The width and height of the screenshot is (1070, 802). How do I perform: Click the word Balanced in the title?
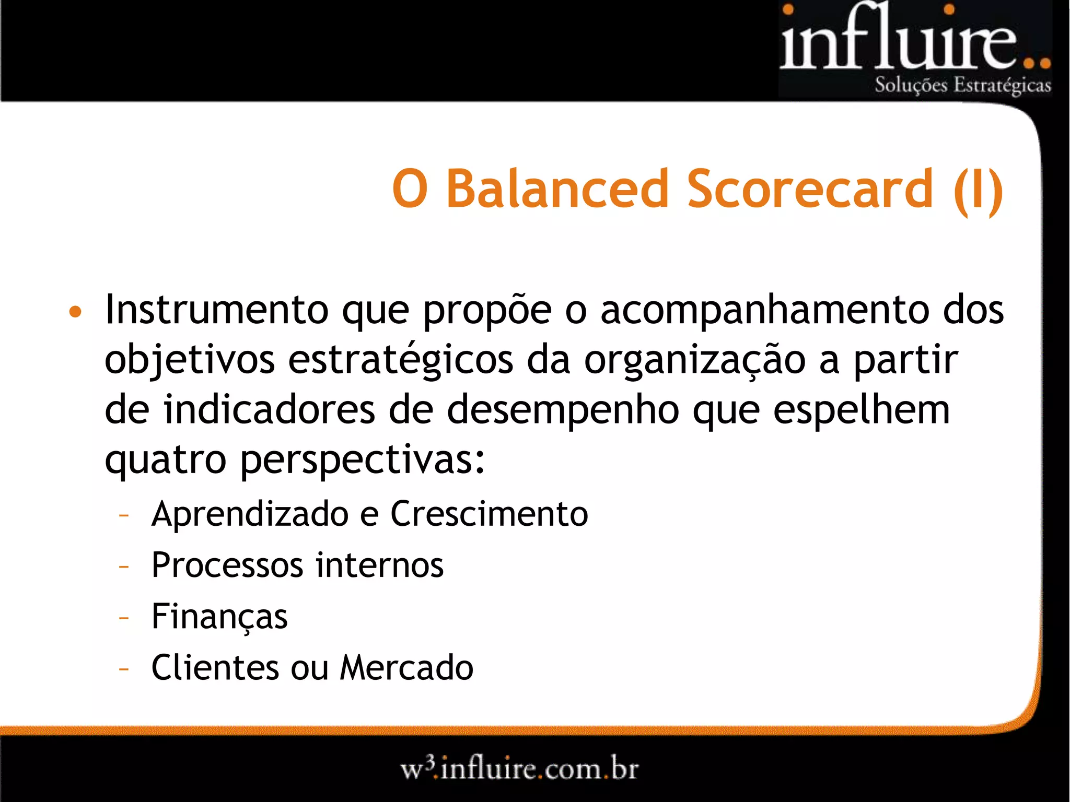557,189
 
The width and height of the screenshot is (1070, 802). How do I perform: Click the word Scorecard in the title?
810,189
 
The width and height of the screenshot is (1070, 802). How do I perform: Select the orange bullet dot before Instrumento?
76,312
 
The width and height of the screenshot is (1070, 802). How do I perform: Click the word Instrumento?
217,310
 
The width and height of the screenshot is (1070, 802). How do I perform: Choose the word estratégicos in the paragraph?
401,360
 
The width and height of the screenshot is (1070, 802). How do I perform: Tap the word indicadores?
269,410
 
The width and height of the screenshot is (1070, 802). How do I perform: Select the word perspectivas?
362,461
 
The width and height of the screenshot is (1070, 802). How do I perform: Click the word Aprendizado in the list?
250,514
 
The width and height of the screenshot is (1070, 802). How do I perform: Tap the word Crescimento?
489,514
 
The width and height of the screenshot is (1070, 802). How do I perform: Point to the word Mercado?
406,667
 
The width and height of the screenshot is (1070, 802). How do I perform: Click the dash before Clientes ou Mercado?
124,668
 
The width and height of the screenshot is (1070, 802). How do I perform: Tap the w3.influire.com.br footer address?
519,769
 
